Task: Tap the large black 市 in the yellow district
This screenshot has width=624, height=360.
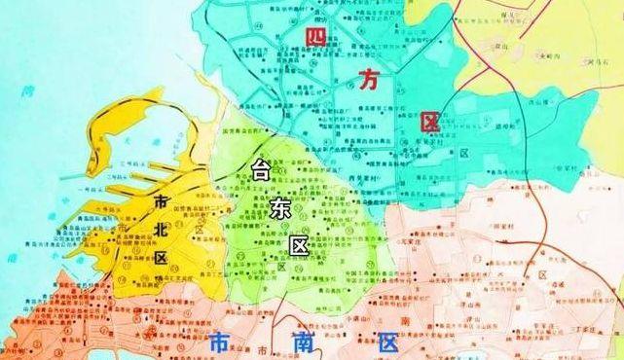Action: click(x=162, y=201)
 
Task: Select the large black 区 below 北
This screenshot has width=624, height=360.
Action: click(x=161, y=259)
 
